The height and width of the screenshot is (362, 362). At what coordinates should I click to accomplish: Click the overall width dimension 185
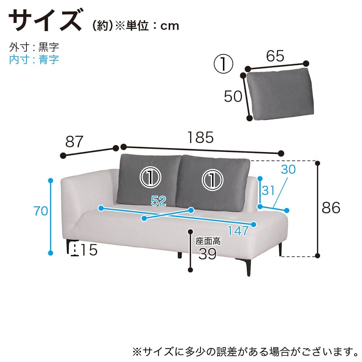(x=201, y=138)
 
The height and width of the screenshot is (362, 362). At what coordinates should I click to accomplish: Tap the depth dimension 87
(x=74, y=142)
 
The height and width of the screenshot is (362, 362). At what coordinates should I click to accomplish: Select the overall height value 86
(x=331, y=207)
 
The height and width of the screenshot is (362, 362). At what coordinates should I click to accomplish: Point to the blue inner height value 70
(x=41, y=211)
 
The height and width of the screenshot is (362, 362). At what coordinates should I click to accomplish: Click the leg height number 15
(x=89, y=250)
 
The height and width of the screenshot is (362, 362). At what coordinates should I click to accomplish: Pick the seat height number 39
(x=207, y=254)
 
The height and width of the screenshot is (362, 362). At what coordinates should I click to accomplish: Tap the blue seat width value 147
(x=238, y=231)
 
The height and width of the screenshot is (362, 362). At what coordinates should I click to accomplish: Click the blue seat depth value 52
(x=159, y=201)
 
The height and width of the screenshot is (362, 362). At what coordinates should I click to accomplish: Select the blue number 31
(x=268, y=190)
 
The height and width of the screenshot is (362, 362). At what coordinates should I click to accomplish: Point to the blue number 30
(x=288, y=169)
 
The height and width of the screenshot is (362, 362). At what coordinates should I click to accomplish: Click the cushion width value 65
(x=275, y=56)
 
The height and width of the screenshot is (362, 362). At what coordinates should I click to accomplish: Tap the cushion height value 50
(x=233, y=96)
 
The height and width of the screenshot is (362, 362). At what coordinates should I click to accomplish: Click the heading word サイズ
(x=45, y=20)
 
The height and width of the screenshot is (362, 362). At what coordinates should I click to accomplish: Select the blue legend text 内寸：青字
(x=34, y=60)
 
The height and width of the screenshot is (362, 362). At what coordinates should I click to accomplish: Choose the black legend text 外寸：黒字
(x=34, y=47)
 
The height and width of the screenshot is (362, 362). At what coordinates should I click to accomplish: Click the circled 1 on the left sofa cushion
(x=150, y=177)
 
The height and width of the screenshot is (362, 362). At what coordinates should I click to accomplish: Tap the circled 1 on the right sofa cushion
(x=212, y=180)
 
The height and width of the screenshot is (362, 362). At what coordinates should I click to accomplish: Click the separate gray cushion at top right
(x=280, y=94)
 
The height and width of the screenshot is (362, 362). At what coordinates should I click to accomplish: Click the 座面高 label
(x=208, y=241)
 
